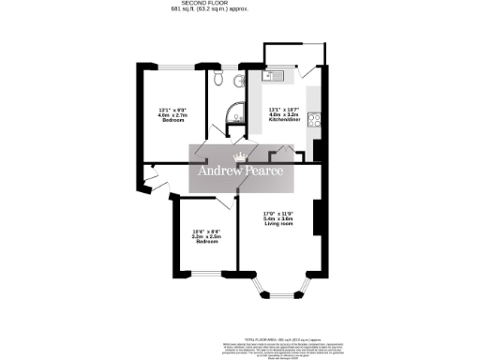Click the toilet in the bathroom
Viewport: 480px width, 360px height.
(x=218, y=80)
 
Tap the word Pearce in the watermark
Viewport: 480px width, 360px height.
(x=265, y=172)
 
